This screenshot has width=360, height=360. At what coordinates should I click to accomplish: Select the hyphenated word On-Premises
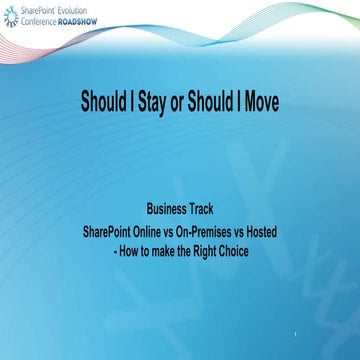click(208, 231)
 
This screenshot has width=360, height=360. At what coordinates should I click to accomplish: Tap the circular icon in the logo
click(11, 14)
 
